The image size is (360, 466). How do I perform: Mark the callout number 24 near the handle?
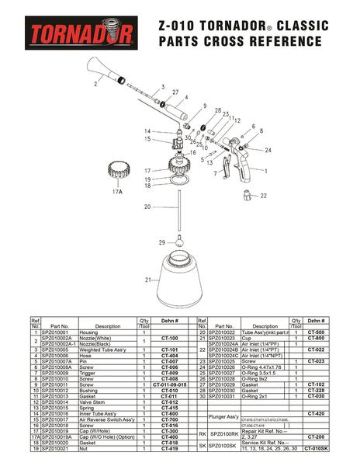coord(268,149)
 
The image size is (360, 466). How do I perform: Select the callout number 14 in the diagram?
coord(147,130)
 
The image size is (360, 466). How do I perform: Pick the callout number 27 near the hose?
coord(176,92)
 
